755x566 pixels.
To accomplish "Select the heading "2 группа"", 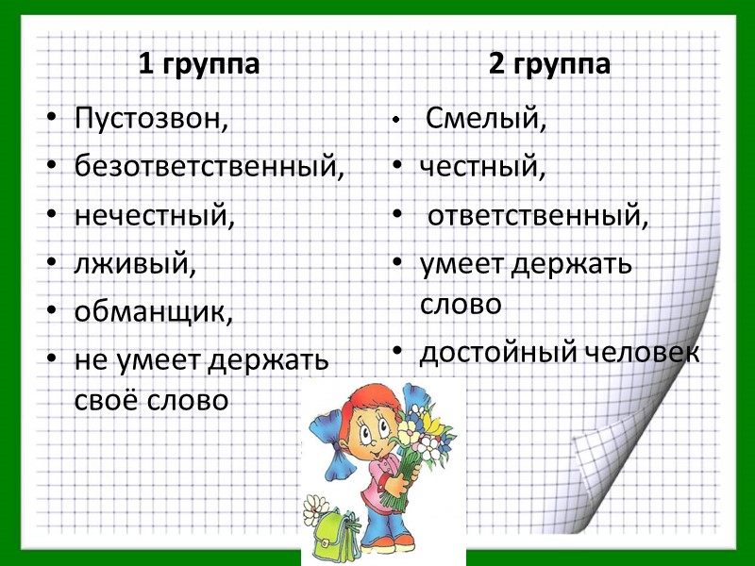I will coord(549,65).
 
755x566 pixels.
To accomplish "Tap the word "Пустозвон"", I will coord(150,121).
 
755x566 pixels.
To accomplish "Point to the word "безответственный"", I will coord(209,169).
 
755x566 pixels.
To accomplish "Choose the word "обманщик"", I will coord(152,312).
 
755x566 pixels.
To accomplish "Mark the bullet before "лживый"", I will coord(52,265).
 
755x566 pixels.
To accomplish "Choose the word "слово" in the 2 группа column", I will coord(461,305).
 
